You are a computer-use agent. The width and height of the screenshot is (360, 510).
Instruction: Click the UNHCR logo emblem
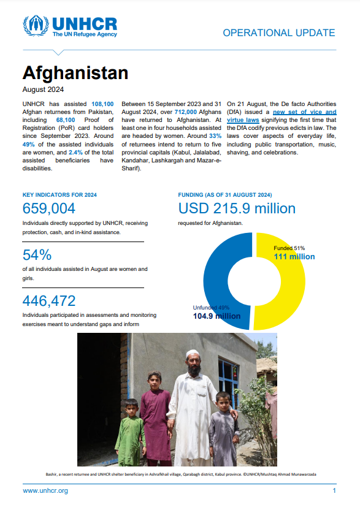(x=36, y=26)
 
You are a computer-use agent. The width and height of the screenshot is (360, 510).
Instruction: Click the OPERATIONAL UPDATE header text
(x=278, y=33)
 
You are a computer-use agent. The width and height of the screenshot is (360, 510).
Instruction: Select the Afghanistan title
(x=75, y=72)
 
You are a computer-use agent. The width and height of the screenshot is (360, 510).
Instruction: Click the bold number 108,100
(x=102, y=105)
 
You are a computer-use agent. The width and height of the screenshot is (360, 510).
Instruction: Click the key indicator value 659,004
(x=49, y=208)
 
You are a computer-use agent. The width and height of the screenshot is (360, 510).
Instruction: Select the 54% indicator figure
(x=37, y=254)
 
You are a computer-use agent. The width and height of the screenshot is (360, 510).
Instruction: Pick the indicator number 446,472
(x=49, y=300)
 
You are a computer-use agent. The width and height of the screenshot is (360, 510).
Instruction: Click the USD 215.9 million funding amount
(x=237, y=208)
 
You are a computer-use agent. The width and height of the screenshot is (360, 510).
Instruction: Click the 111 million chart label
(x=294, y=256)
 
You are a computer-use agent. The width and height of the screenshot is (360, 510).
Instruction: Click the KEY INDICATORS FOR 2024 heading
(x=59, y=195)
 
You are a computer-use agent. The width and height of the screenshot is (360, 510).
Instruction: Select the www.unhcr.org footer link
(x=45, y=491)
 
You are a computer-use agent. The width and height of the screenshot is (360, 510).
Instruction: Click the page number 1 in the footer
(x=334, y=491)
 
